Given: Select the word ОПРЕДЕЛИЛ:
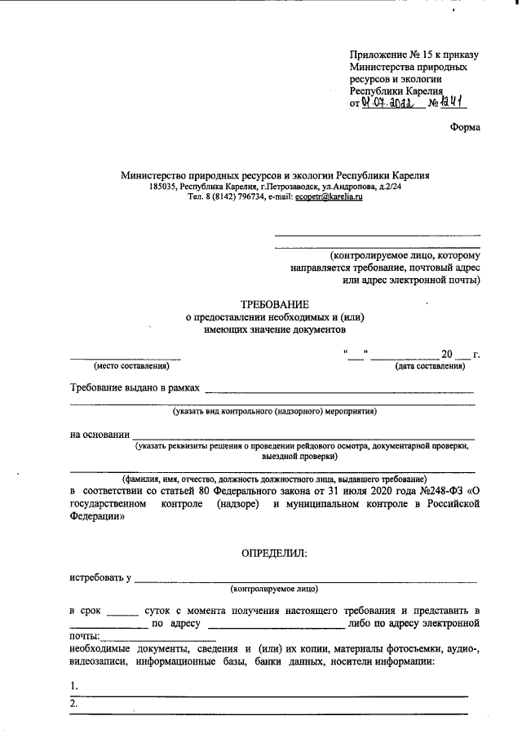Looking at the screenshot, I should [274, 554].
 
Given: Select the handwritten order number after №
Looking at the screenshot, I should [459, 103].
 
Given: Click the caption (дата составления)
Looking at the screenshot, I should [430, 366].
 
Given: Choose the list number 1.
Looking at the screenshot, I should [73, 685].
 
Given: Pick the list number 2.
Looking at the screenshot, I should [73, 703].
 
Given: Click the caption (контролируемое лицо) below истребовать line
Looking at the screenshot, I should [274, 588].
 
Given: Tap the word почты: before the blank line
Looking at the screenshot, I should [86, 635].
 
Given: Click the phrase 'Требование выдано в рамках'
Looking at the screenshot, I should [134, 388].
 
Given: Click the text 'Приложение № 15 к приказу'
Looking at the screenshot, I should [414, 55].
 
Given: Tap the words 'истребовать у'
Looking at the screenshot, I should [100, 578].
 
